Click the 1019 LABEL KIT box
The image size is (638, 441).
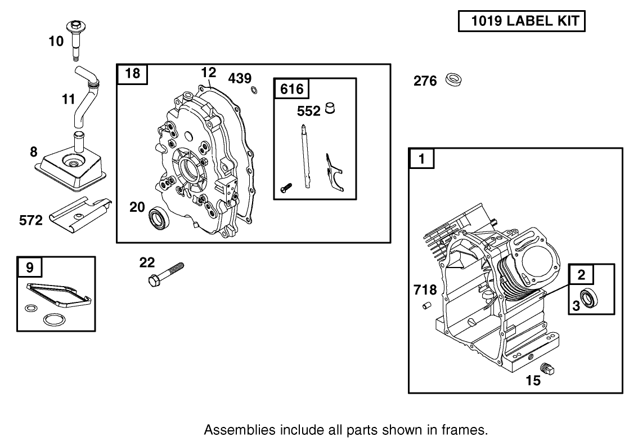pos(522,21)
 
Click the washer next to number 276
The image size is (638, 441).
pos(452,80)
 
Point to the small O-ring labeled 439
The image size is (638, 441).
pos(254,89)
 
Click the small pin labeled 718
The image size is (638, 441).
pos(426,306)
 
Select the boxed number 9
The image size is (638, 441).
pos(29,266)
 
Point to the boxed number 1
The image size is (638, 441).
pos(421,159)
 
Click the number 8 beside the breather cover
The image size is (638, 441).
pos(34,152)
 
